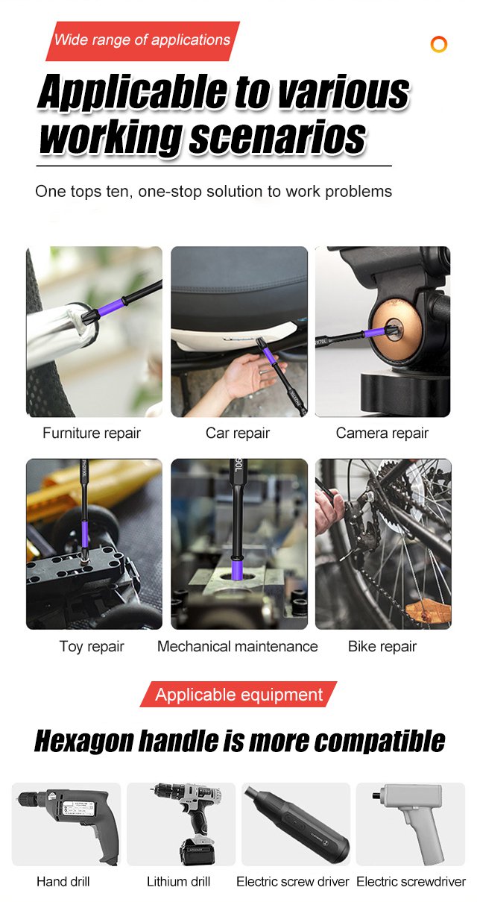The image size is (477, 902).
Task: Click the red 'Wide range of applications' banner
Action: coord(143,41)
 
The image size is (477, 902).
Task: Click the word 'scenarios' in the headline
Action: coord(277,138)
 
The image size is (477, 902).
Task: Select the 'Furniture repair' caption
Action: coord(92,433)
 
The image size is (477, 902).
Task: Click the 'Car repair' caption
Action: coord(238,433)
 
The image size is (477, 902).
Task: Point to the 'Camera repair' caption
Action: coord(382,433)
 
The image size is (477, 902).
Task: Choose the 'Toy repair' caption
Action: coord(92,647)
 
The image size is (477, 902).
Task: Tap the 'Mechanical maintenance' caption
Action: coord(238,646)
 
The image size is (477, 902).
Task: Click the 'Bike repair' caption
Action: coord(382,646)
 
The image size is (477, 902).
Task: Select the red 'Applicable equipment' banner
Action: coord(238,694)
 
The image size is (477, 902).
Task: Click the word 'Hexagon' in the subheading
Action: coord(83,742)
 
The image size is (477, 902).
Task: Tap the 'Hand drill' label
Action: coord(63,881)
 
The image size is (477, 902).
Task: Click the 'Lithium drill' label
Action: coord(178,881)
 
